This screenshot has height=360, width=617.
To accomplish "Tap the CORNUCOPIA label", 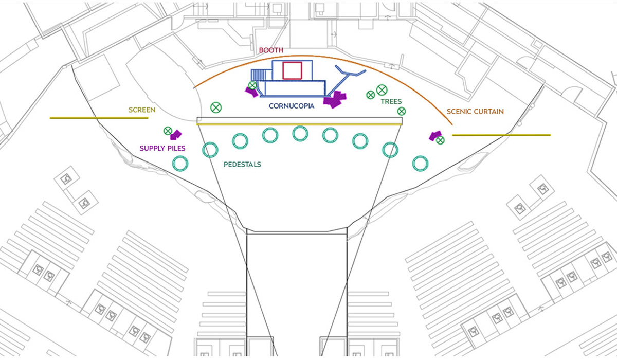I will pos(292,106).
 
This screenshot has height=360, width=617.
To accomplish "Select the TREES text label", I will pos(391,102).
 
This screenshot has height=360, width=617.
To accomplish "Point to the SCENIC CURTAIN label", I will pos(475,111).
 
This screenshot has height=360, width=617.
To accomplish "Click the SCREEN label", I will pos(141,110).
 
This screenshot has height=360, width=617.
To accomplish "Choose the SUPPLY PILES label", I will pos(162,148).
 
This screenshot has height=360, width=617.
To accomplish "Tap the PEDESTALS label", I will pos(242,165).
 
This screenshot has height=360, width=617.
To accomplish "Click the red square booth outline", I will pos(292,70).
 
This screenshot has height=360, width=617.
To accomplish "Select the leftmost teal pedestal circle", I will pos(180,164).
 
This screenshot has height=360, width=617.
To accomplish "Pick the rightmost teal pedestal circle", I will pos(420,164).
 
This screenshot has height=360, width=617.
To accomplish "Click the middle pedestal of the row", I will pos(300,134).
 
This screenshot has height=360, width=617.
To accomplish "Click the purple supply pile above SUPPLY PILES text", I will pos(176,135).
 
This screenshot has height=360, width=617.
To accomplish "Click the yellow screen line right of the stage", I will pos(501,135).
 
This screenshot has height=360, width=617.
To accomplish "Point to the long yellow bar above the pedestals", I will pos(299,124).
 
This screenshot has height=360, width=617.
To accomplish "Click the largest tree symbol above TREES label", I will pos(382,90).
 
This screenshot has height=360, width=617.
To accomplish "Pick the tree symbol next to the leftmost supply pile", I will pos(167,131).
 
